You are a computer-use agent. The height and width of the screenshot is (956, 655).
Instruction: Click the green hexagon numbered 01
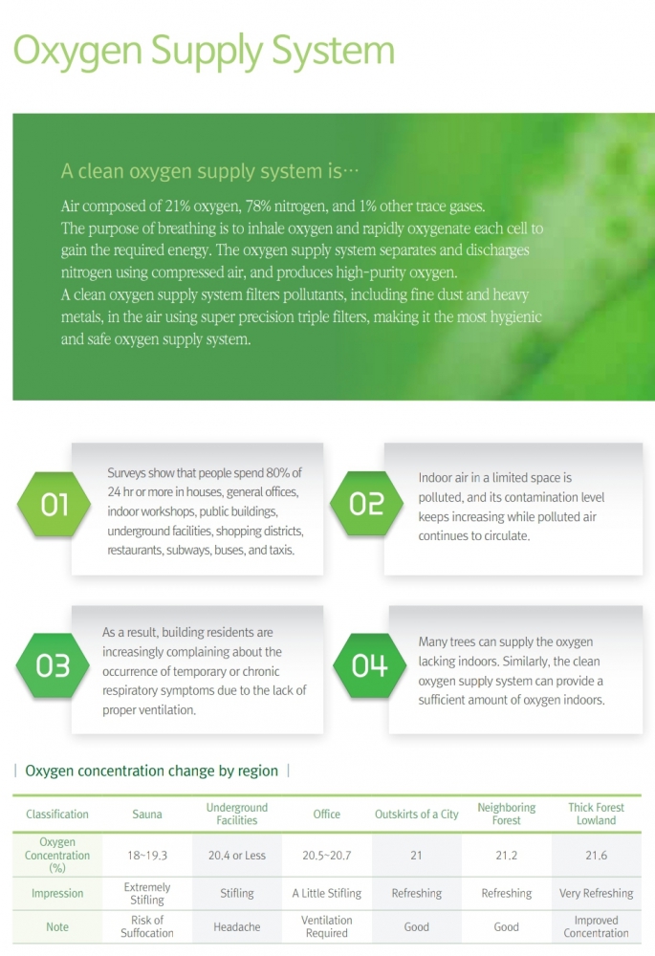coord(54,504)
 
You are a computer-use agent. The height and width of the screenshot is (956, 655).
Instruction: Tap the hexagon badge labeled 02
coord(366,504)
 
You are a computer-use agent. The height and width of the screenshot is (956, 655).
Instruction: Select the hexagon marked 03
coord(53,665)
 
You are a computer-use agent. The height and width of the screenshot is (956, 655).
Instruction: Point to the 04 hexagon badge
coord(370,665)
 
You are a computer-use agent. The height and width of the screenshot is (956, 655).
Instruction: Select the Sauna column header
coord(147,814)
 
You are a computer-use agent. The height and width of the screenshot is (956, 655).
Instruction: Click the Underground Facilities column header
coord(236,814)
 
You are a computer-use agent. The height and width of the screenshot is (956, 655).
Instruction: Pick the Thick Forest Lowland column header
coord(596,814)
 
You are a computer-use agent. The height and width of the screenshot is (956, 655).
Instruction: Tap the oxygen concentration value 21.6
coord(596,856)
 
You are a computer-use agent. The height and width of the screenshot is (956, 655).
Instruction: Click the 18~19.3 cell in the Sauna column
coord(147,856)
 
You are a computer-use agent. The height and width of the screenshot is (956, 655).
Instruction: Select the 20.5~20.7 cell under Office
coord(327,856)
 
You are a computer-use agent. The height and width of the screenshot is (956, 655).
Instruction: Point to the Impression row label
coord(57,893)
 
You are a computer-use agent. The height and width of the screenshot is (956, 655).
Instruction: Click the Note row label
coord(57,926)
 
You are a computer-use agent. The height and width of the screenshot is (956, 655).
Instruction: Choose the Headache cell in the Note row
coord(236,926)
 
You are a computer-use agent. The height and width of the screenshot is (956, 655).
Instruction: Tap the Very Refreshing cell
coord(596,893)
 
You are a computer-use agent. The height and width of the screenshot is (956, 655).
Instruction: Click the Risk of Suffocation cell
coord(147,926)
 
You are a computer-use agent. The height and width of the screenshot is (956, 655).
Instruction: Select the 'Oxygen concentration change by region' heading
coord(151,771)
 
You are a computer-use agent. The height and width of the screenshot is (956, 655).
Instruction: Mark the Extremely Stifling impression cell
coord(147,893)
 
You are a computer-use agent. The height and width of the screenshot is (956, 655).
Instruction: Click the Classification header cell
coord(57,814)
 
